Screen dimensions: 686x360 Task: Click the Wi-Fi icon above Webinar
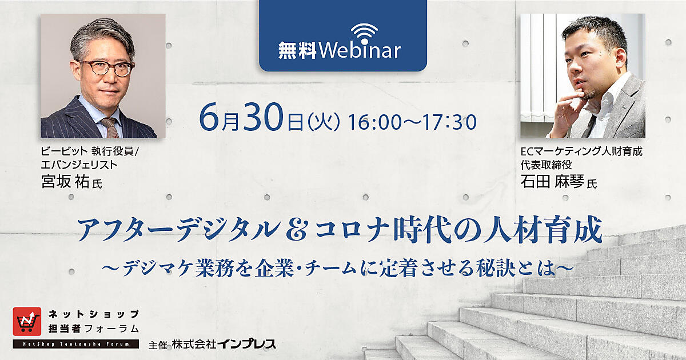(x=365, y=33)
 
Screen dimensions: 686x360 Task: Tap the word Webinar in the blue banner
(x=360, y=50)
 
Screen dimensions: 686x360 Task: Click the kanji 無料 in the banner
(x=297, y=51)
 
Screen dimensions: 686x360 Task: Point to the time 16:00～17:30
(x=412, y=122)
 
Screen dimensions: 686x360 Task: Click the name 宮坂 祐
(x=65, y=182)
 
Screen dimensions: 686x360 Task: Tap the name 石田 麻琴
(x=552, y=182)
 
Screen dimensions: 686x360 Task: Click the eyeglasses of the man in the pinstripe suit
(x=107, y=67)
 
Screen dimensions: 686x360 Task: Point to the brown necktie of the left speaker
(x=110, y=127)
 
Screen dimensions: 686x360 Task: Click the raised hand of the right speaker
(x=567, y=110)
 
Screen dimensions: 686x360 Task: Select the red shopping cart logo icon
(x=27, y=321)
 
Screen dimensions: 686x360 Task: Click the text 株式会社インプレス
(x=224, y=345)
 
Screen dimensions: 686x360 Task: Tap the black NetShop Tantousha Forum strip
(x=75, y=344)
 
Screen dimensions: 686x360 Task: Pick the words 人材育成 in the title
(x=543, y=230)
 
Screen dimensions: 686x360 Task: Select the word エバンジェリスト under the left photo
(x=79, y=165)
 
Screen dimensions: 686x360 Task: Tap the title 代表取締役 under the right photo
(x=546, y=165)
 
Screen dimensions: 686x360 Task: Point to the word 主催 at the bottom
(x=158, y=345)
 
